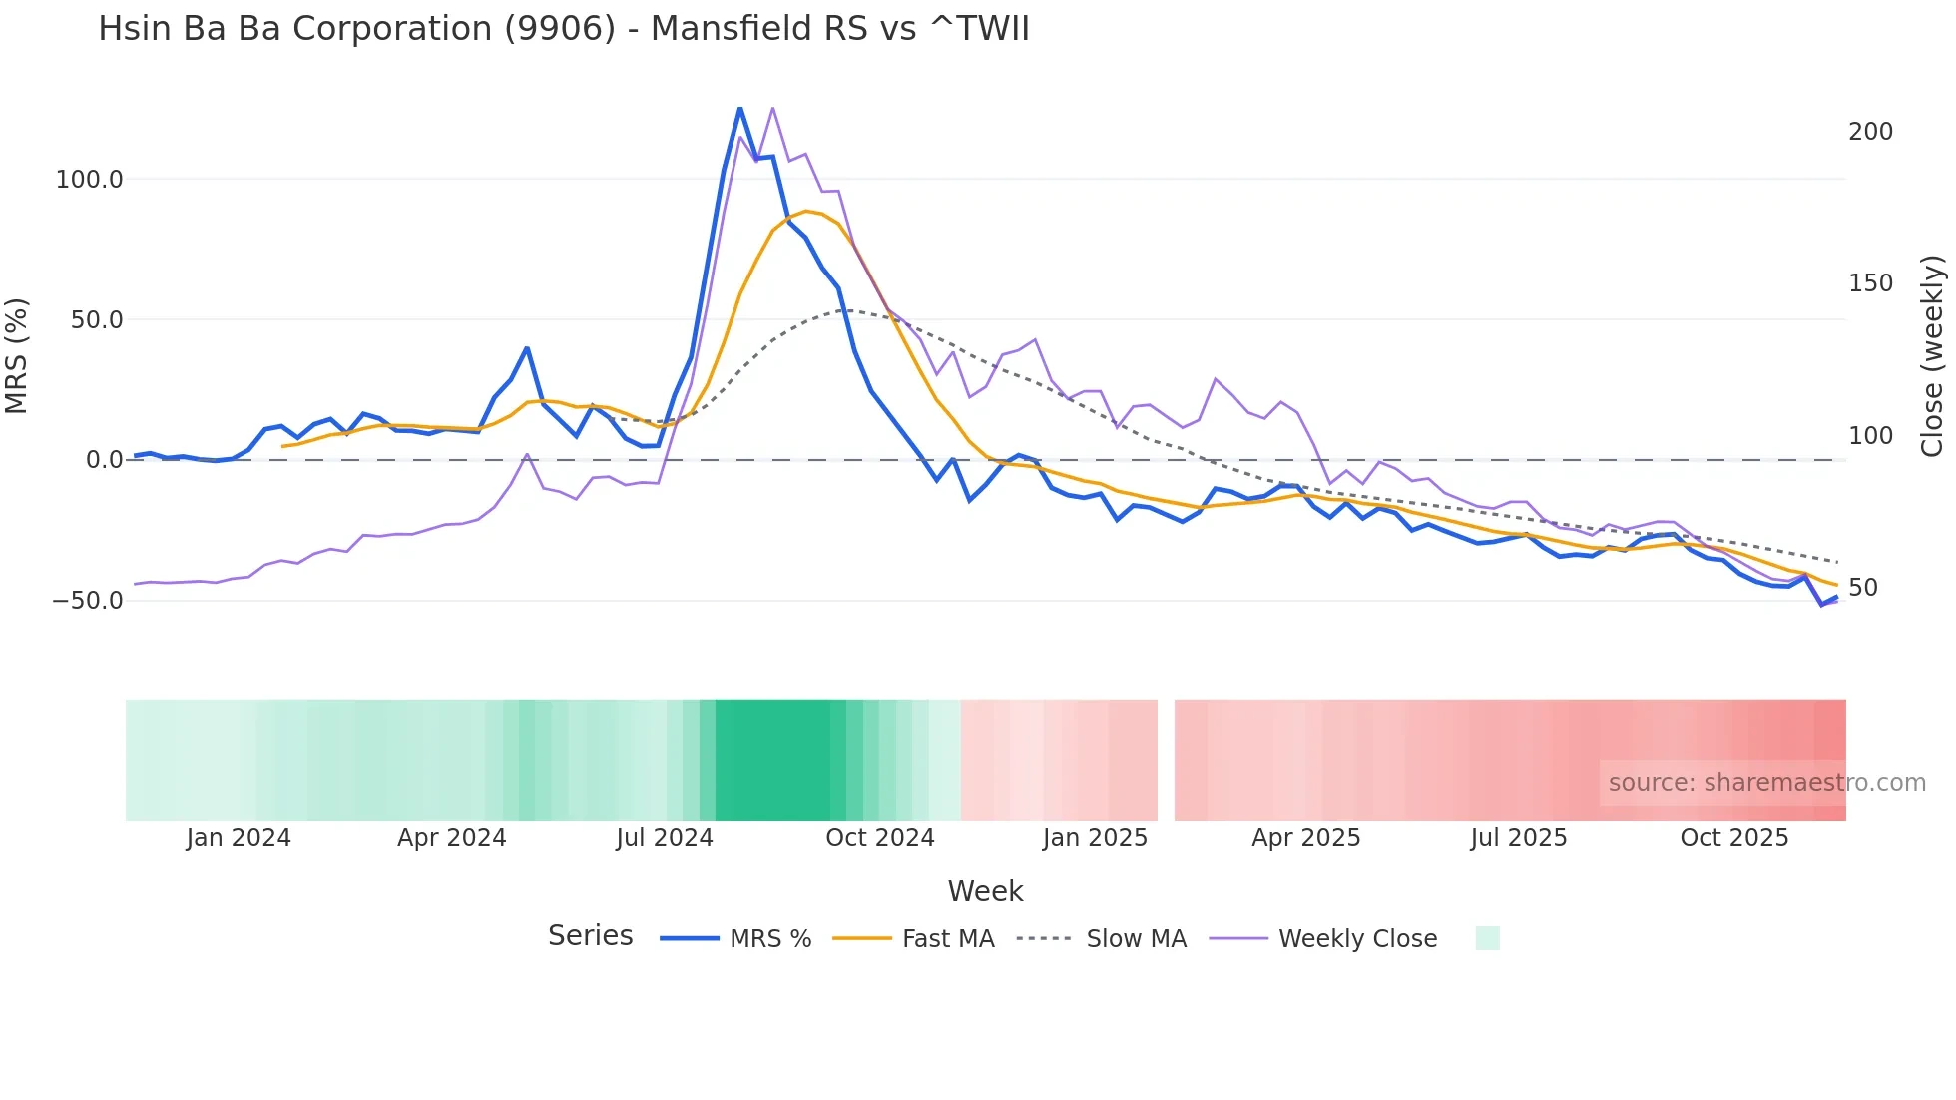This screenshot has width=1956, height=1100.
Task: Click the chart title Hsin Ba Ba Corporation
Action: click(x=563, y=29)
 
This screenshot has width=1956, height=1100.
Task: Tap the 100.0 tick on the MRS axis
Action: click(x=89, y=180)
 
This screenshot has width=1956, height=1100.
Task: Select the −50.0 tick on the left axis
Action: click(x=88, y=601)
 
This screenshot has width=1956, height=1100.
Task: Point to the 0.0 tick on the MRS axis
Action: click(x=104, y=460)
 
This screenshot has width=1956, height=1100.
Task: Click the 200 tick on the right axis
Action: click(x=1870, y=132)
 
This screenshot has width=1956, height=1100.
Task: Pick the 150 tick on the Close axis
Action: click(x=1870, y=283)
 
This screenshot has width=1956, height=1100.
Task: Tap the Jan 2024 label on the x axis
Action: click(x=239, y=838)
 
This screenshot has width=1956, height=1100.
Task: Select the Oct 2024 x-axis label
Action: click(x=879, y=838)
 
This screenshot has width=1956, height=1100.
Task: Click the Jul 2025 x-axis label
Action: click(x=1518, y=838)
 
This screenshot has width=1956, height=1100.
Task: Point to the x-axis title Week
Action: click(x=985, y=891)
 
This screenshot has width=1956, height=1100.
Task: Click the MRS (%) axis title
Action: click(x=17, y=355)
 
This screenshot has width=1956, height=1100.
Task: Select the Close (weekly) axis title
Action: click(x=1933, y=355)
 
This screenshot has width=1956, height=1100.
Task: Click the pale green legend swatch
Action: click(x=1487, y=938)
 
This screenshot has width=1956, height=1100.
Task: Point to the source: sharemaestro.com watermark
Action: click(x=1766, y=783)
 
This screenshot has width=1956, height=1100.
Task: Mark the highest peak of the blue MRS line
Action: click(x=739, y=108)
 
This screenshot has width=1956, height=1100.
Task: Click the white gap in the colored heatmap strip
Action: click(x=1166, y=760)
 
